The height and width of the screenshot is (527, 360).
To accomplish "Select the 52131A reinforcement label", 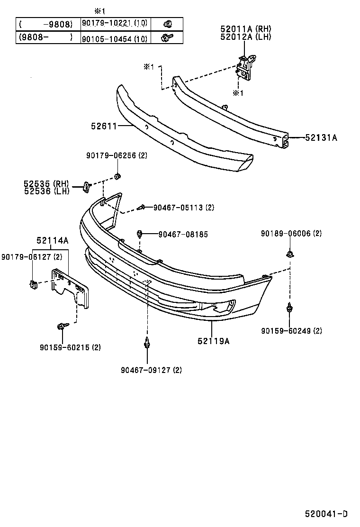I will pyautogui.click(x=321, y=138).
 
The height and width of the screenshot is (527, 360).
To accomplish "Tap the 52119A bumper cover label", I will pyautogui.click(x=214, y=340).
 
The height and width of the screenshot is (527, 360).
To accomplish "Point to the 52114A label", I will pyautogui.click(x=52, y=241).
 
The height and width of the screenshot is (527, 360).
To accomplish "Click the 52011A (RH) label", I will pyautogui.click(x=245, y=29).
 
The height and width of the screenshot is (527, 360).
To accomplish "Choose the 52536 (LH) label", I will pyautogui.click(x=46, y=191).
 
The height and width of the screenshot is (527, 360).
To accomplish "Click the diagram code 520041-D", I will pyautogui.click(x=326, y=514).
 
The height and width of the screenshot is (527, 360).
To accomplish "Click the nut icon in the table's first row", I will pyautogui.click(x=167, y=23).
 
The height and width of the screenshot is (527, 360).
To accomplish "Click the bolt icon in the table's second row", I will pyautogui.click(x=167, y=37).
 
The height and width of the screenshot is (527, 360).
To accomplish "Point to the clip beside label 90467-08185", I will pyautogui.click(x=140, y=234).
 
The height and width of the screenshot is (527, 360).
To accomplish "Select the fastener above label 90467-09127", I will pyautogui.click(x=148, y=343).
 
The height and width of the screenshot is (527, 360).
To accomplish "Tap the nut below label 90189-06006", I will pyautogui.click(x=289, y=254).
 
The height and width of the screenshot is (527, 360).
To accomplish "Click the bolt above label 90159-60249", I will pyautogui.click(x=289, y=309).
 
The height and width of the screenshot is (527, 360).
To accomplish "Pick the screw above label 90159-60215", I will pyautogui.click(x=62, y=326).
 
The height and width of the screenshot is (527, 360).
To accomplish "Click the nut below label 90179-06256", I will pyautogui.click(x=118, y=177).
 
